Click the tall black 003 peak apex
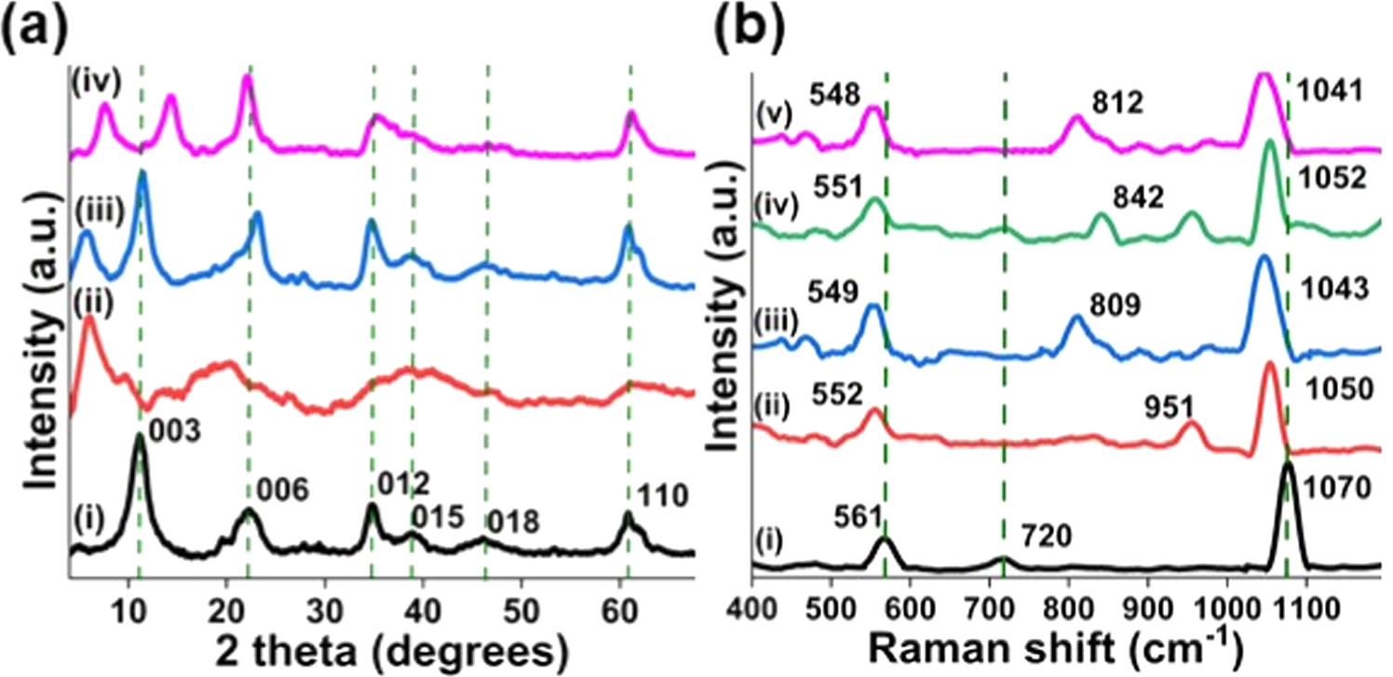[x=140, y=436]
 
